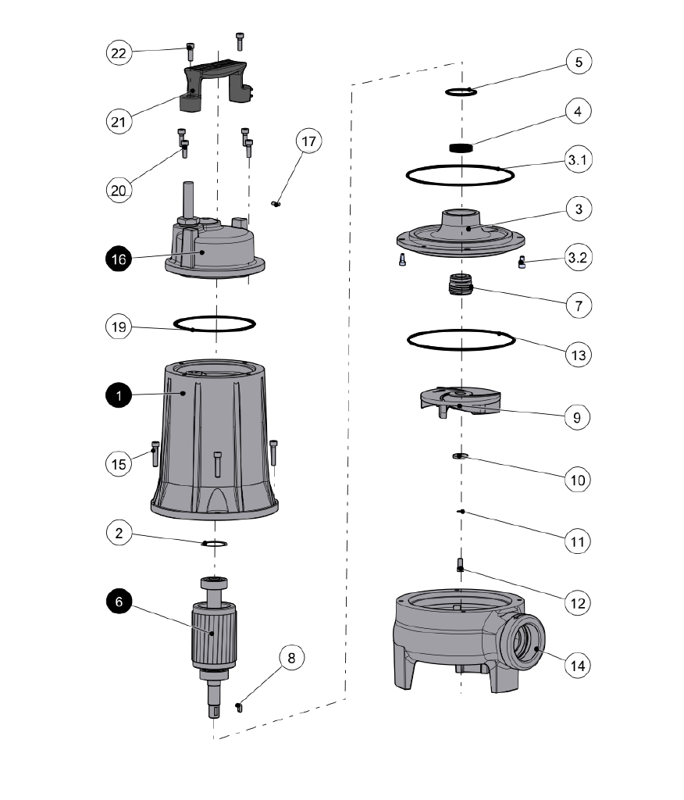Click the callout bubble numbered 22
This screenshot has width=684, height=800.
[119, 53]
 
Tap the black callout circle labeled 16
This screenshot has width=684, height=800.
[119, 260]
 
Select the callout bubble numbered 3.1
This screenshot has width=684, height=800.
[579, 162]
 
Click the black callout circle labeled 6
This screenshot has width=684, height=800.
[119, 603]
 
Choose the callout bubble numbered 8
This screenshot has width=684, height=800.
[291, 658]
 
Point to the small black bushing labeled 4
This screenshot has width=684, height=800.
[462, 148]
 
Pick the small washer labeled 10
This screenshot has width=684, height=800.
[460, 455]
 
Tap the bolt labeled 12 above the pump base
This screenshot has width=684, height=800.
[460, 565]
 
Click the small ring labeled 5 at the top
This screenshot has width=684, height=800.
[461, 92]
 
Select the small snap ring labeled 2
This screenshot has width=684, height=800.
[215, 543]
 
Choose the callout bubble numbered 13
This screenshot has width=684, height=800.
[579, 353]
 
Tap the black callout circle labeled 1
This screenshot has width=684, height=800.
[119, 397]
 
